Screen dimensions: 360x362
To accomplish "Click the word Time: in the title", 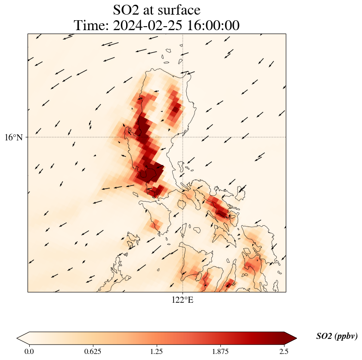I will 92,25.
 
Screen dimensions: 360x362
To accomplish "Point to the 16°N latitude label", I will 14,137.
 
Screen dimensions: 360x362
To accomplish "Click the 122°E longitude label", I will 183,300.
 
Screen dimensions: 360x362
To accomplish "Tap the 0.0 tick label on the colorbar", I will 29,351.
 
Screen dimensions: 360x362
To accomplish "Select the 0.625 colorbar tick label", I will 93,351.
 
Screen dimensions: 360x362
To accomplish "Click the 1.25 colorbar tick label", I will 156,351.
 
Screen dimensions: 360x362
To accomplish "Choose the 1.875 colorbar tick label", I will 220,351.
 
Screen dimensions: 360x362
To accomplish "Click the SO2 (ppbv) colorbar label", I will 337,336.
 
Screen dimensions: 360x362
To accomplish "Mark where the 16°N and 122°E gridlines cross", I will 183,137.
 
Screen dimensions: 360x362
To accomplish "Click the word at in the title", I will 153,10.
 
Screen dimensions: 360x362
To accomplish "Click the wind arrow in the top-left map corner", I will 38,37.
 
